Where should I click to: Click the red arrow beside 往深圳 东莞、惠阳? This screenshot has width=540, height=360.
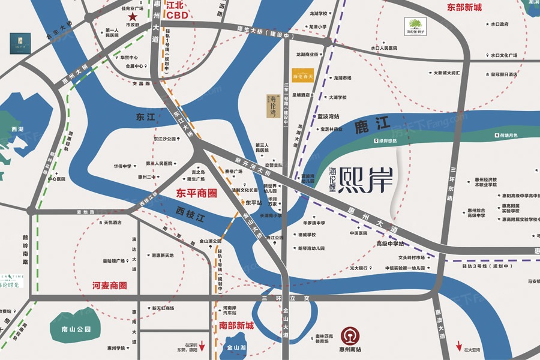[202, 346]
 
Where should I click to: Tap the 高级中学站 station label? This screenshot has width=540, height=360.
[390, 244]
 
